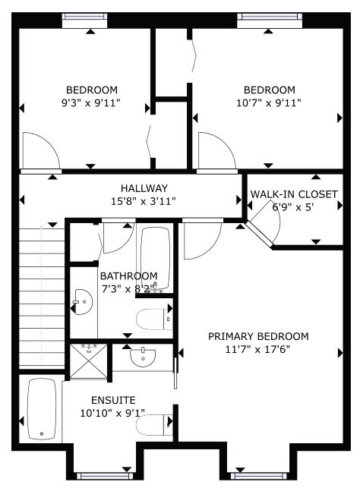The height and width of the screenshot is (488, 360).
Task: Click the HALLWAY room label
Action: point(144,188)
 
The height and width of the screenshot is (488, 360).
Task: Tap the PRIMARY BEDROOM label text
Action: point(258,336)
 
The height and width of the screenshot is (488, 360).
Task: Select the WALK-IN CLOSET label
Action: point(294,194)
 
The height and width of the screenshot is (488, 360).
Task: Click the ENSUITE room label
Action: point(113,400)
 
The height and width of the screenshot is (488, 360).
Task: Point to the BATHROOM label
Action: point(128,276)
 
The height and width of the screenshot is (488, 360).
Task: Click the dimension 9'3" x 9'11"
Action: point(91,102)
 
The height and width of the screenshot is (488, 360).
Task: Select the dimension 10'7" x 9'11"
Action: point(269,102)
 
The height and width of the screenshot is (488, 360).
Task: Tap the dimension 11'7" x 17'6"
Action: point(258,350)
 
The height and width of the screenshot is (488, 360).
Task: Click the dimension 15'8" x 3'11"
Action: point(144,201)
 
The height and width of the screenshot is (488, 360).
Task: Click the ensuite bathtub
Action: point(42,409)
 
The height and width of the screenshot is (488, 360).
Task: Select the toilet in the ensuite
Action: point(154,425)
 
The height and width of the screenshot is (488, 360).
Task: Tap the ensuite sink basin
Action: point(143,357)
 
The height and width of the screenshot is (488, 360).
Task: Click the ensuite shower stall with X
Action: point(89,361)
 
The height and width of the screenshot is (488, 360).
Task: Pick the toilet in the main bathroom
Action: point(154,320)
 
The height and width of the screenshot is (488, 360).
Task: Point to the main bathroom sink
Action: point(83,302)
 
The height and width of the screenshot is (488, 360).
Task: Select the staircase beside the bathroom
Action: point(42,298)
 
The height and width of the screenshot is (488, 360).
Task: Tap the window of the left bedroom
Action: point(85,20)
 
